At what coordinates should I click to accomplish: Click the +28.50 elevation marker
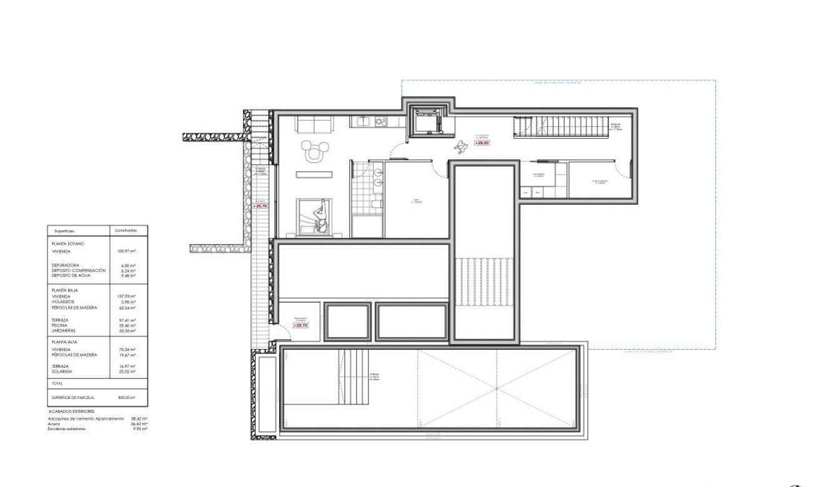click(x=482, y=143)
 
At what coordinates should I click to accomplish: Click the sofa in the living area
click(x=314, y=124)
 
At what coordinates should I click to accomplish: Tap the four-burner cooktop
click(x=381, y=122)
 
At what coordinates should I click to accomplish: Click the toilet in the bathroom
click(x=376, y=204)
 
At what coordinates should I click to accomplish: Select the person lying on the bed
click(x=321, y=217)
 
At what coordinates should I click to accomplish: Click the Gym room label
click(x=416, y=202)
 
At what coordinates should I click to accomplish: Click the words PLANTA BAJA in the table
click(x=65, y=290)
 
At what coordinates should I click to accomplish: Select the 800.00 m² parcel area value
click(x=126, y=397)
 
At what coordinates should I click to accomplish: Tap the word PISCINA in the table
click(x=61, y=325)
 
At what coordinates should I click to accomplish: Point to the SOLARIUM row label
click(x=62, y=371)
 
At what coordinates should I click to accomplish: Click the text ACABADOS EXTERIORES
click(x=71, y=412)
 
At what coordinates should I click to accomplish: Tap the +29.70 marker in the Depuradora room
click(x=300, y=325)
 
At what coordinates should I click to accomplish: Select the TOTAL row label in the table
click(x=57, y=383)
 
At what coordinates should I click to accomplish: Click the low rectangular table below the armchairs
click(x=314, y=174)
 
